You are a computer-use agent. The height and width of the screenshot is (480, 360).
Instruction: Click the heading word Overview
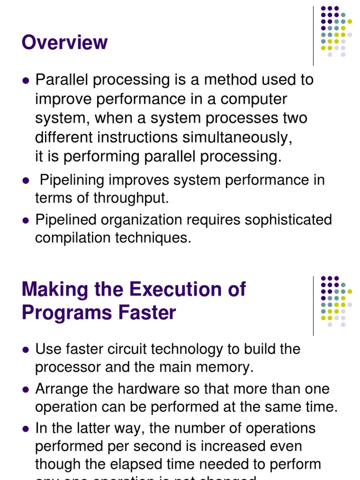[65, 43]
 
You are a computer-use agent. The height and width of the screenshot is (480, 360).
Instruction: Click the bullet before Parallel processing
[26, 81]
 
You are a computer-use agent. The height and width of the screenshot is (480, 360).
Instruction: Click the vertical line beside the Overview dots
[313, 36]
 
